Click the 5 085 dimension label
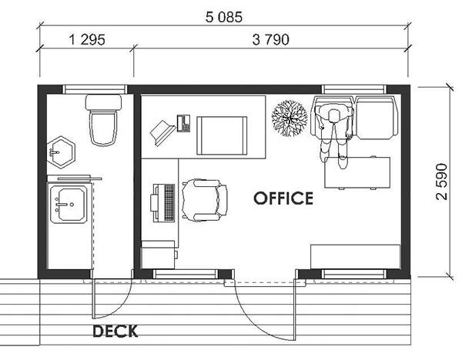tap(224, 17)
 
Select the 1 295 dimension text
tap(86, 39)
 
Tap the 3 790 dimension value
tap(271, 39)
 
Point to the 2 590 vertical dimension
tap(441, 182)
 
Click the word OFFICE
tap(283, 198)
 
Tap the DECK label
tap(115, 331)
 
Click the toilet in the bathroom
tap(103, 120)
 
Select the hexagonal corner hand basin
tap(61, 152)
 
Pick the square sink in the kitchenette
tap(69, 205)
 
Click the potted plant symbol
tap(290, 118)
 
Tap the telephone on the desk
tap(183, 123)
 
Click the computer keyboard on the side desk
tap(169, 202)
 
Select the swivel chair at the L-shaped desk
tap(204, 200)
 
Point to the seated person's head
tap(333, 115)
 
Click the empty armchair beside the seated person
tap(377, 117)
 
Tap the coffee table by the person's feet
tap(357, 173)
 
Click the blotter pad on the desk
tap(222, 135)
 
